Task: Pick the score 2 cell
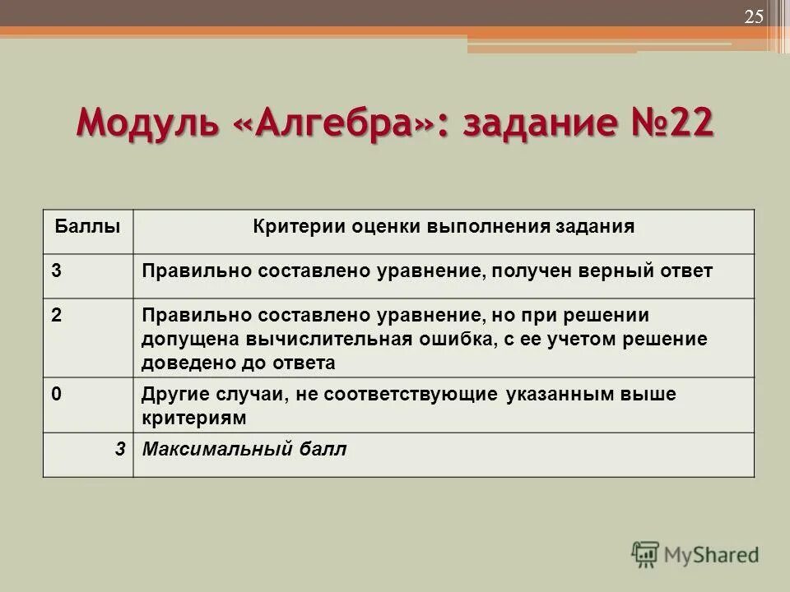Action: (56, 317)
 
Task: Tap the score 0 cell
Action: (56, 394)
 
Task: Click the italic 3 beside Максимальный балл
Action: (120, 449)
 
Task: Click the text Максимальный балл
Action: (244, 449)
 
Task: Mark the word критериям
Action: (193, 418)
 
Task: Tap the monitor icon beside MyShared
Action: (645, 554)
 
